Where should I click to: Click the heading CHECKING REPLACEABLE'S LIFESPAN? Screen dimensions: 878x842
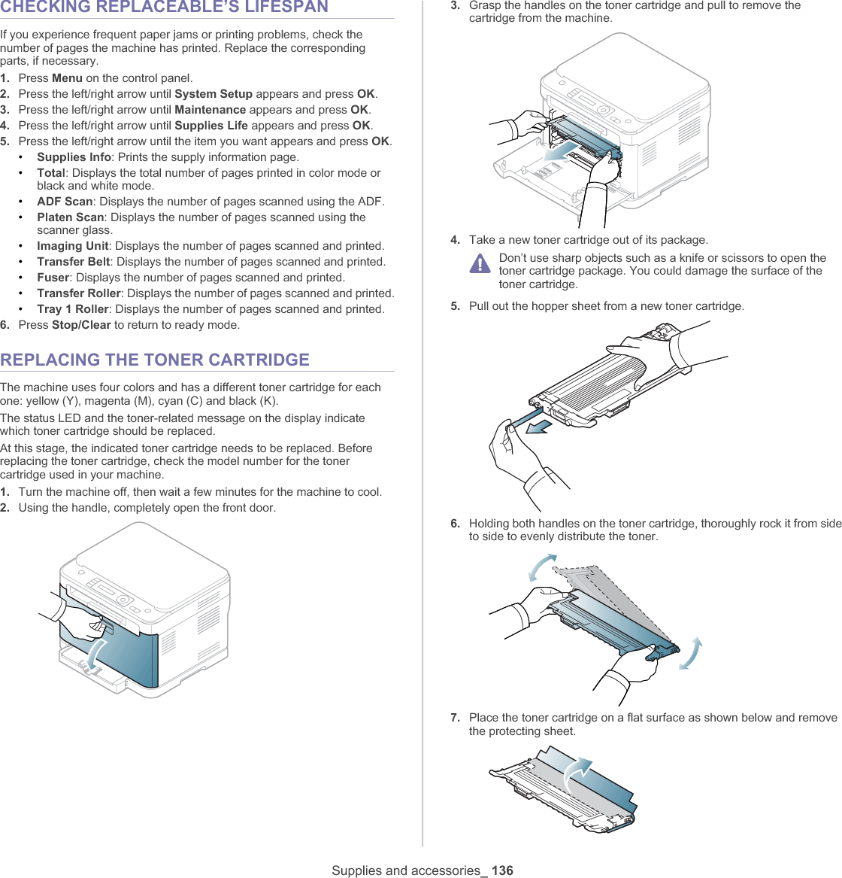(x=164, y=8)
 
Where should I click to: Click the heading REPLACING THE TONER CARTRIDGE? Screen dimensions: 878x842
(x=155, y=360)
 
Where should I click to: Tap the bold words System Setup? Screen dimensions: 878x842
(x=214, y=94)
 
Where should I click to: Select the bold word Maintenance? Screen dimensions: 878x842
(x=210, y=110)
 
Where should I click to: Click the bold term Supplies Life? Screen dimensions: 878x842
(x=211, y=126)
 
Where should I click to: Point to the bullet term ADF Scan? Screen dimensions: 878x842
(x=65, y=202)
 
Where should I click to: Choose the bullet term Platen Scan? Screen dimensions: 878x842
(x=70, y=217)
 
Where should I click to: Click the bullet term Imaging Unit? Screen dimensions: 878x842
(x=73, y=246)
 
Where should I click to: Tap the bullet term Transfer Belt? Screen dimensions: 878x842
(x=74, y=262)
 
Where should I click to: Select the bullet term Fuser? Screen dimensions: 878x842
(x=53, y=278)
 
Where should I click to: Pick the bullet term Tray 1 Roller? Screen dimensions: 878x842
(x=73, y=309)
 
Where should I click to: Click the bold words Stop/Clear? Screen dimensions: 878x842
(x=81, y=325)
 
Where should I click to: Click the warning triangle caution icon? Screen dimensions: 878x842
(x=479, y=264)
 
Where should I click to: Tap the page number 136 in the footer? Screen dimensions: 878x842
(x=502, y=870)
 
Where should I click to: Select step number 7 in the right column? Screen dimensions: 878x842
(x=456, y=718)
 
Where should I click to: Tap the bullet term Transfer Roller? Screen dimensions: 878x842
(x=78, y=293)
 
